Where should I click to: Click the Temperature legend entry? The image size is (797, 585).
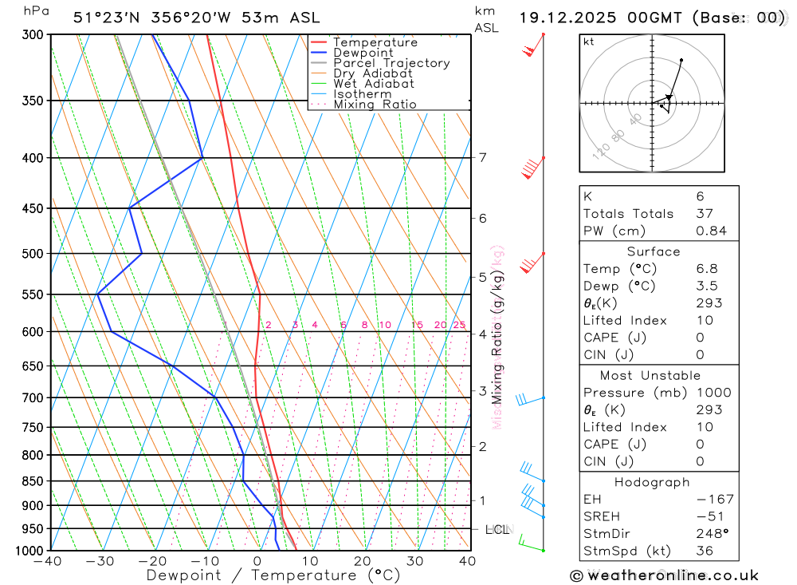pyautogui.click(x=375, y=42)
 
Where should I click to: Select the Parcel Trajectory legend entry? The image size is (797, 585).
pyautogui.click(x=391, y=63)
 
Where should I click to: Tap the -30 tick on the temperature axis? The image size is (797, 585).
pyautogui.click(x=100, y=562)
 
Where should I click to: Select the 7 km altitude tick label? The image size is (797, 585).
pyautogui.click(x=483, y=157)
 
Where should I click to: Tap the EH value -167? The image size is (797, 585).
pyautogui.click(x=714, y=500)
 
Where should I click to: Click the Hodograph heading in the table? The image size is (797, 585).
pyautogui.click(x=652, y=482)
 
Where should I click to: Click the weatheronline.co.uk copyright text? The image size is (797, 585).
pyautogui.click(x=665, y=575)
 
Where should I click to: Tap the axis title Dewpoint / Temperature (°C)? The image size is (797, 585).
pyautogui.click(x=273, y=575)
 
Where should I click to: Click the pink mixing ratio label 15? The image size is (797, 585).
pyautogui.click(x=417, y=325)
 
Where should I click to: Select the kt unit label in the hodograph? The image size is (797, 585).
pyautogui.click(x=589, y=42)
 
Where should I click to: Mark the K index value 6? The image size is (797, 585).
pyautogui.click(x=700, y=196)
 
